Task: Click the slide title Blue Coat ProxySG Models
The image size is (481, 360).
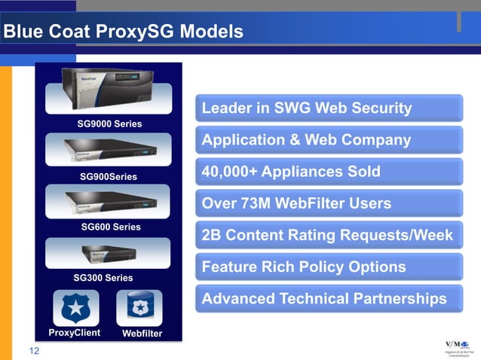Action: click(x=123, y=32)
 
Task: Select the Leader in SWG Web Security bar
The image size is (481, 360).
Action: click(x=329, y=108)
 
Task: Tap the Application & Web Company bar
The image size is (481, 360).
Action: click(x=329, y=140)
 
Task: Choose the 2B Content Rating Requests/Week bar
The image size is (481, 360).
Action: click(x=329, y=235)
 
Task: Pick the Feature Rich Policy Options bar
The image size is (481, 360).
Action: click(x=329, y=267)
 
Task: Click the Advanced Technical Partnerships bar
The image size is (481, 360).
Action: click(x=329, y=299)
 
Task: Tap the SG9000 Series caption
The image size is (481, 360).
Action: click(x=109, y=123)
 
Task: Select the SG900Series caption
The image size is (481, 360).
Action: click(x=109, y=177)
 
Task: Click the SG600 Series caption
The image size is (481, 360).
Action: click(x=110, y=227)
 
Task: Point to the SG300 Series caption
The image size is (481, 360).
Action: click(x=103, y=278)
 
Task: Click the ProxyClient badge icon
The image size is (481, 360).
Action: click(x=74, y=308)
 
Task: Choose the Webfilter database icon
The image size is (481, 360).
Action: click(x=139, y=308)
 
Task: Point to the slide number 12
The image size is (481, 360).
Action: click(x=35, y=351)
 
